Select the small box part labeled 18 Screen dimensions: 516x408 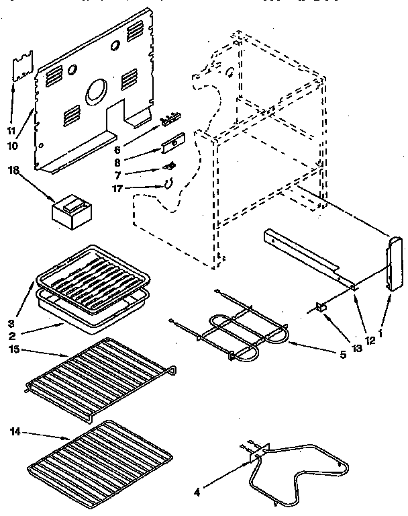click(x=73, y=210)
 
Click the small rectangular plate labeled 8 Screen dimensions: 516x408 click(x=172, y=144)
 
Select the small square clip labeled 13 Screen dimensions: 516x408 click(x=319, y=308)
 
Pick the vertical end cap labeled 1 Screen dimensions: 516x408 click(x=393, y=263)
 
